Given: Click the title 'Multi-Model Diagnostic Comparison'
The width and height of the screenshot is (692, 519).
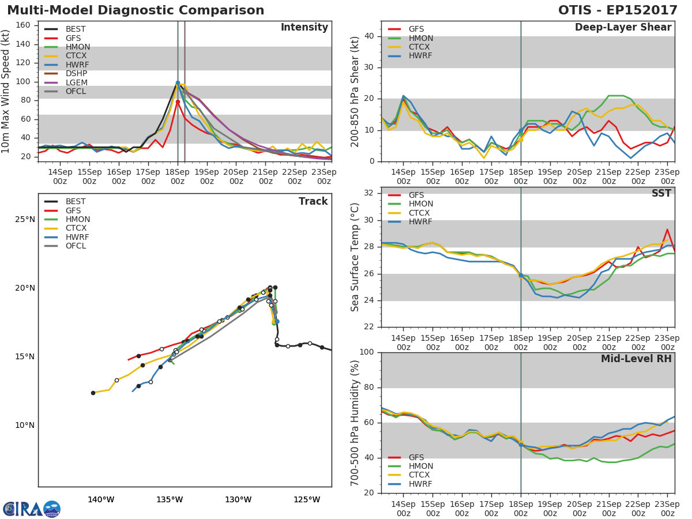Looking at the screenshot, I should pos(136,10).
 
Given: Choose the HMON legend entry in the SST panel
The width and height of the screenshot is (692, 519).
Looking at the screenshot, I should pos(420,204).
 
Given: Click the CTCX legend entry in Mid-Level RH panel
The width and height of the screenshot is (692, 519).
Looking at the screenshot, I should pos(420,475).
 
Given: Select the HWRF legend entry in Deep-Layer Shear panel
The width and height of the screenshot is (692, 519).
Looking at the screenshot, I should pos(420,56).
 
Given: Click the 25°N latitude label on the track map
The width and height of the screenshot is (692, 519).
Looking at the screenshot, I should pos(25,220).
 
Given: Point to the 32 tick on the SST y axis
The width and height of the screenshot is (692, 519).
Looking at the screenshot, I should pos(369,193).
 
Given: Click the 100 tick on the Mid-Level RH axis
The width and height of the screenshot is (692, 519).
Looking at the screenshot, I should pos(367,352).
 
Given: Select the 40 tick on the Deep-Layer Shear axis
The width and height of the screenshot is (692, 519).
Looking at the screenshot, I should pos(369,36).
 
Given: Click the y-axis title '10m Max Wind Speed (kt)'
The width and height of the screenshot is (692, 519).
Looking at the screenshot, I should pos(6,92).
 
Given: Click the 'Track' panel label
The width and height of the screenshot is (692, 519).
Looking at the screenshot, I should pos(313,201).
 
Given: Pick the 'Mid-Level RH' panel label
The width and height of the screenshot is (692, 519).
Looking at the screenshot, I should pos(636,359).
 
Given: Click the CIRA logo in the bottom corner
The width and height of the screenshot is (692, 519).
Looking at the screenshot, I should pos(31,509).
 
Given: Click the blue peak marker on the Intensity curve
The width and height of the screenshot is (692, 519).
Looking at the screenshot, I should pos(178,83).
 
